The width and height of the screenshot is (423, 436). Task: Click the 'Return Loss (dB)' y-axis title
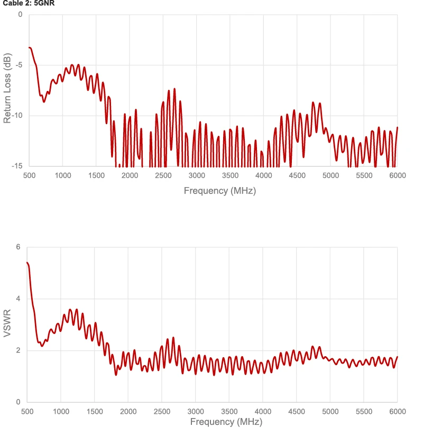click(7, 88)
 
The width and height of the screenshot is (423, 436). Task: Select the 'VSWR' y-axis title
click(7, 324)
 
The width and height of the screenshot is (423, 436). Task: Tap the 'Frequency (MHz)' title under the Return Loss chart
click(219, 191)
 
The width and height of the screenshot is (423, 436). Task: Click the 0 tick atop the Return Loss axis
click(20, 14)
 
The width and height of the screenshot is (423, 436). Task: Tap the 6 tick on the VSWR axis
click(17, 247)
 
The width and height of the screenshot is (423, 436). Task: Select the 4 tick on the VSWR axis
click(17, 299)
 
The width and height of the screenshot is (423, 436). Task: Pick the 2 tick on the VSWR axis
click(17, 350)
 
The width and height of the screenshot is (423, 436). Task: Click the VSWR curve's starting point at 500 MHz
click(27, 262)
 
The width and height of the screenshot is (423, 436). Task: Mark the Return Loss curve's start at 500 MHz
click(29, 48)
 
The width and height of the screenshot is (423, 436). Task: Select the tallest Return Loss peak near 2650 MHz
click(174, 89)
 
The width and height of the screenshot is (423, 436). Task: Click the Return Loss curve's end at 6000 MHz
click(397, 127)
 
